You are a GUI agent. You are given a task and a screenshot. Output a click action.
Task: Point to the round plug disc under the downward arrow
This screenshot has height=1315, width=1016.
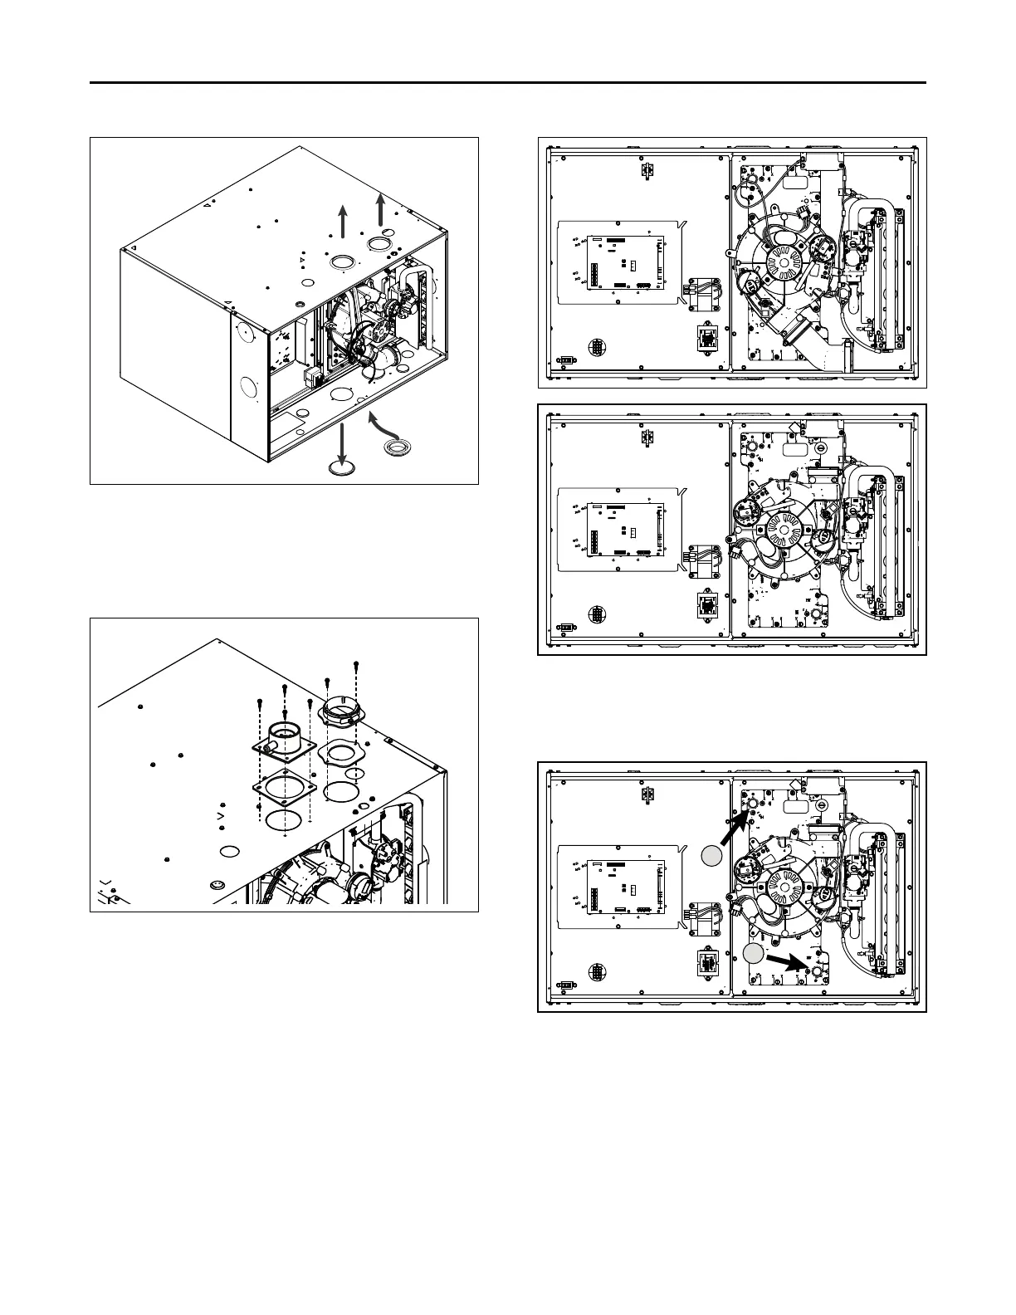point(341,468)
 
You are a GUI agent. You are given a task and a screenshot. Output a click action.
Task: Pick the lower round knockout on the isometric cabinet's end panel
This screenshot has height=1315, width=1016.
point(247,387)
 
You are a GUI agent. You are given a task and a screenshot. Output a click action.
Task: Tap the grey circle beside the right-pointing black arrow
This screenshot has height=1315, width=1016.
point(753,954)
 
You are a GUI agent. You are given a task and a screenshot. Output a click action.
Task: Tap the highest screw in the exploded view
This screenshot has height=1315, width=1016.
point(355,664)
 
